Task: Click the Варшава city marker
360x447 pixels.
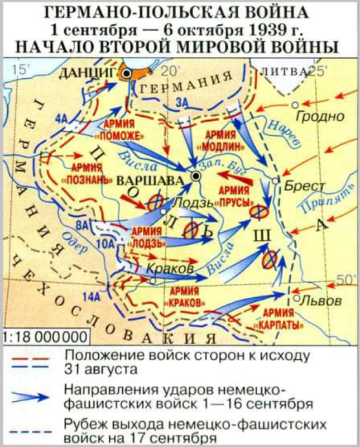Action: coord(196,177)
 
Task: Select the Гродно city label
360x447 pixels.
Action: coord(319,117)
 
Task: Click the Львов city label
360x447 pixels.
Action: coord(320,300)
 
